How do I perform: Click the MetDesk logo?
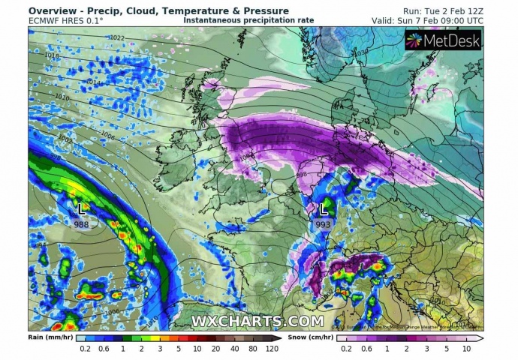[443, 41]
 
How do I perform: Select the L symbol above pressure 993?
[324, 208]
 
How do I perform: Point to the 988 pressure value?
[81, 223]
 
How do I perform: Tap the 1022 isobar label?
[117, 37]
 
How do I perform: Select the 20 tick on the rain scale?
[216, 349]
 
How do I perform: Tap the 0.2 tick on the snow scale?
[345, 349]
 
